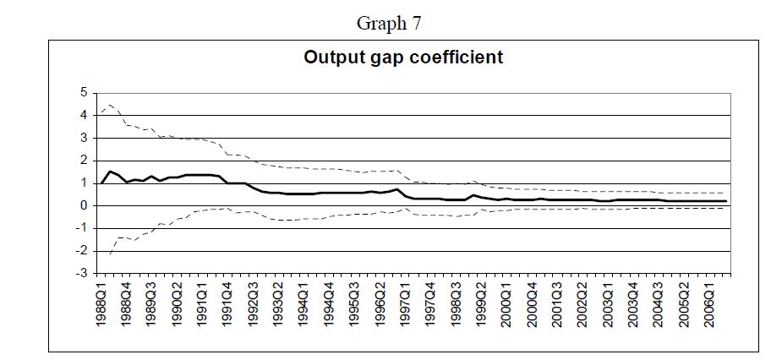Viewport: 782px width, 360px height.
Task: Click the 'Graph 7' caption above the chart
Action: click(389, 24)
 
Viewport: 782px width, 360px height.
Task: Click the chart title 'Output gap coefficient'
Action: click(403, 57)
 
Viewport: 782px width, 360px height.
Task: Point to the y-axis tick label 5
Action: click(84, 93)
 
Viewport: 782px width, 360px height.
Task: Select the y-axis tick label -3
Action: click(81, 274)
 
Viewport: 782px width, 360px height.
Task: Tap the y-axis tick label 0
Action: click(84, 206)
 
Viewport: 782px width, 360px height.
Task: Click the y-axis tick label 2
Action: click(84, 161)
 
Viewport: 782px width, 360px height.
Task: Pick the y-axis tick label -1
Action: click(81, 228)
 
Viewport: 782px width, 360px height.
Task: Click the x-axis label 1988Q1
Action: click(101, 303)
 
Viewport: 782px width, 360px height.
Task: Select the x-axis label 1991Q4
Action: click(228, 303)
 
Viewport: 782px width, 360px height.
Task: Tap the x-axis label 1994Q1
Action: click(304, 303)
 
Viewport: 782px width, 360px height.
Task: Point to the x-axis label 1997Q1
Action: click(405, 303)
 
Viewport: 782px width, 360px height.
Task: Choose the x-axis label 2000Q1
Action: click(506, 303)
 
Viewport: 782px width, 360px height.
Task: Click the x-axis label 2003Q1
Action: click(608, 303)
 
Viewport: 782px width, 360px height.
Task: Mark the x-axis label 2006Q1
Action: click(709, 303)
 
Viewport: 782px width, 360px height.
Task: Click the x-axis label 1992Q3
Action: click(254, 303)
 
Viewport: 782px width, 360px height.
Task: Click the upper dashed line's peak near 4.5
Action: click(110, 105)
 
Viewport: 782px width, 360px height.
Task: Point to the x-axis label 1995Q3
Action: click(354, 303)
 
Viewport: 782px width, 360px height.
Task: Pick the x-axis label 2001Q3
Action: click(557, 303)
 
